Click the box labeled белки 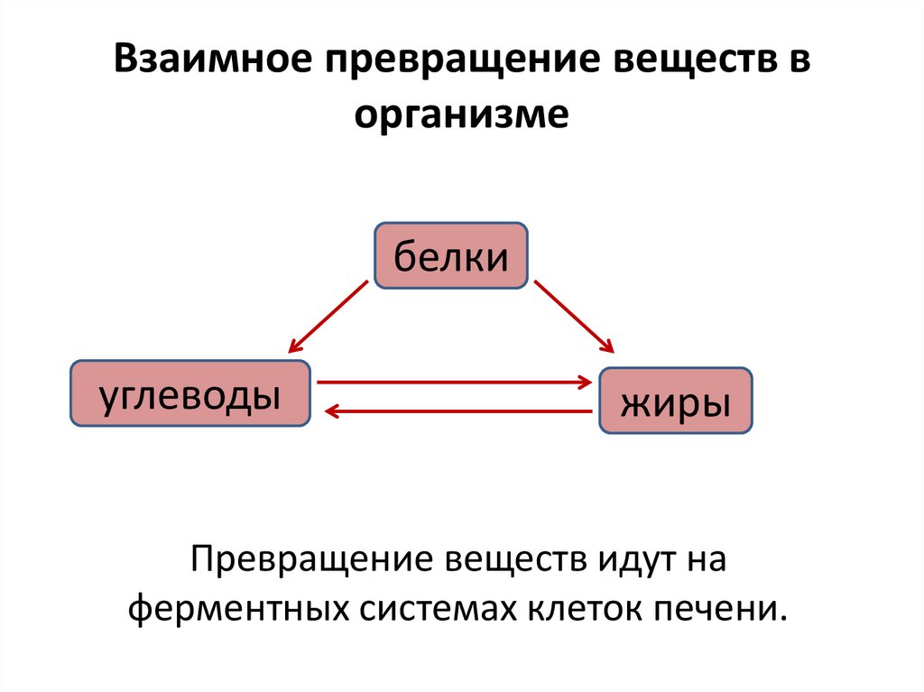pos(450,256)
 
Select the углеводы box pos(189,393)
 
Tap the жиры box pos(675,401)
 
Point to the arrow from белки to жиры pos(574,316)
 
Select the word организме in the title pos(461,114)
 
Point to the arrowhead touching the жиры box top pos(608,347)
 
